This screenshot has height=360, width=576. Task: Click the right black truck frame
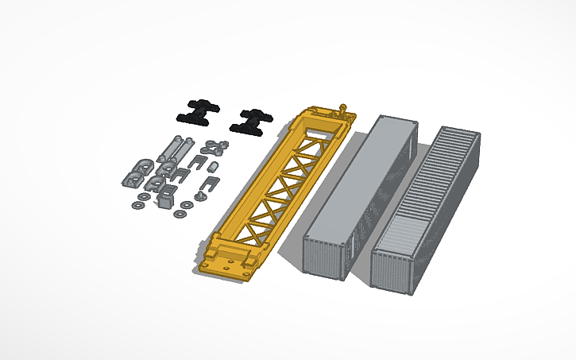[x=249, y=120]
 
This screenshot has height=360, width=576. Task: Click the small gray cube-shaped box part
[x=165, y=199]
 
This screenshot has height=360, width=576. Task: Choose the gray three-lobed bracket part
[x=213, y=146]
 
